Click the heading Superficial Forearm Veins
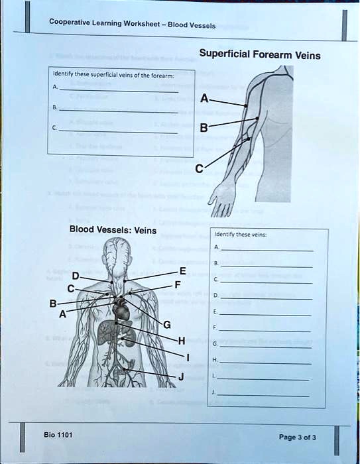(260, 55)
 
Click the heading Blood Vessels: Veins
(113, 231)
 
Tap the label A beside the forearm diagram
(204, 100)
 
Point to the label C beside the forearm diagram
(200, 169)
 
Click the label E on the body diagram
(182, 270)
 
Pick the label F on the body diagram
(177, 284)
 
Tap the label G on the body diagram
(166, 324)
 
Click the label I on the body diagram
(188, 358)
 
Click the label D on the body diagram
(76, 275)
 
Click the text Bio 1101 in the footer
(58, 435)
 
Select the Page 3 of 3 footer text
(297, 437)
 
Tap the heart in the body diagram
(121, 309)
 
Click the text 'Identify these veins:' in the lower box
(231, 234)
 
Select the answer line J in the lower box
(265, 394)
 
